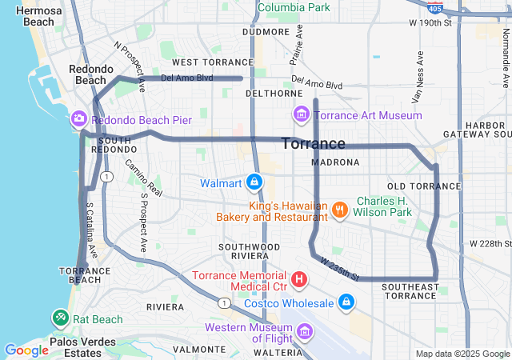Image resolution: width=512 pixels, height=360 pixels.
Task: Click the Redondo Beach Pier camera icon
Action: tap(79, 119)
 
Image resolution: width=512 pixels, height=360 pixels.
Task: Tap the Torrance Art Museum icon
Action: tap(301, 115)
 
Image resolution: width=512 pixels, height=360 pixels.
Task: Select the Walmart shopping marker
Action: tap(254, 182)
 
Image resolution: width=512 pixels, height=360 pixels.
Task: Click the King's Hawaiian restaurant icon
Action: tap(340, 210)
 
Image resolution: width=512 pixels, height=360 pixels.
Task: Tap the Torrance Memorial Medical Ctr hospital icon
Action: tap(299, 279)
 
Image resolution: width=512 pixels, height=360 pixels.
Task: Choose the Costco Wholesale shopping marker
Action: tap(346, 302)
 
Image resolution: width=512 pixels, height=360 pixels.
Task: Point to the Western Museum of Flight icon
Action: tap(304, 330)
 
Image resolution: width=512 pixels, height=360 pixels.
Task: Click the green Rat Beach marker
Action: tap(61, 318)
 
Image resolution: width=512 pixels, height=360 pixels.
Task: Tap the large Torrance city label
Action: tap(314, 144)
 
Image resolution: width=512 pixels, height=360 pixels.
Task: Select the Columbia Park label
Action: tap(293, 7)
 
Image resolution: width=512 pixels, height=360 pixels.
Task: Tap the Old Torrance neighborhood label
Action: tap(424, 186)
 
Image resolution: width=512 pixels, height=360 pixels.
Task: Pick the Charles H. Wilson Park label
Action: tap(384, 206)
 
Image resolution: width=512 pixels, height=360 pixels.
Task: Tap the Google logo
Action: tap(26, 350)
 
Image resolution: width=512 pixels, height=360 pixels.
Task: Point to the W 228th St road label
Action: tap(490, 243)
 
